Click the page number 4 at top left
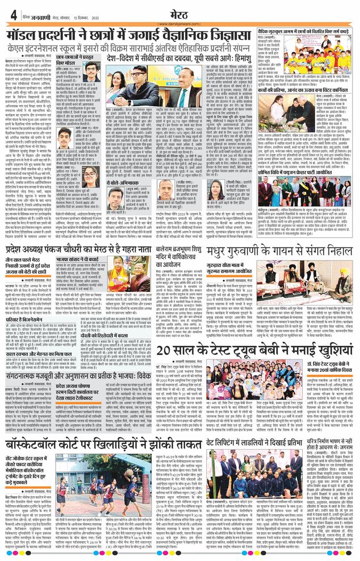[12, 15]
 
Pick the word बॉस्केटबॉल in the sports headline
[44, 444]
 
